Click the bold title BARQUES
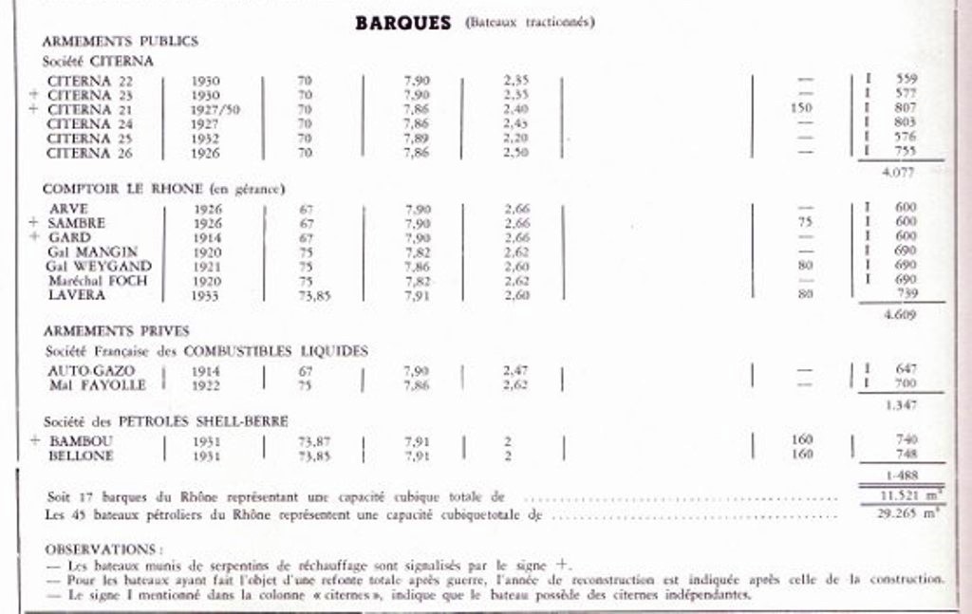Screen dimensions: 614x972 click(402, 23)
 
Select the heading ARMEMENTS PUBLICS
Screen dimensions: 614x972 click(120, 42)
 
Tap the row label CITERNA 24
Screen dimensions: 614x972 click(90, 123)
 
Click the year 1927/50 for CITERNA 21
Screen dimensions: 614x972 click(215, 109)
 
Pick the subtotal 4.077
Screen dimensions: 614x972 click(899, 173)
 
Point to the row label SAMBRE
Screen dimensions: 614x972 click(76, 223)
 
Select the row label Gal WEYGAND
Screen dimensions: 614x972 click(99, 267)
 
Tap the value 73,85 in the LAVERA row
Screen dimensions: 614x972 click(312, 295)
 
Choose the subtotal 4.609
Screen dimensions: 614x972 click(899, 314)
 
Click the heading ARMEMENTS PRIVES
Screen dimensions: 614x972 click(116, 330)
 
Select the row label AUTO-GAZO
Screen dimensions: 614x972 click(91, 370)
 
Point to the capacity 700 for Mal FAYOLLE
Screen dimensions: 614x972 click(906, 384)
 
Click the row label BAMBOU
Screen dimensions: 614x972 click(80, 441)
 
